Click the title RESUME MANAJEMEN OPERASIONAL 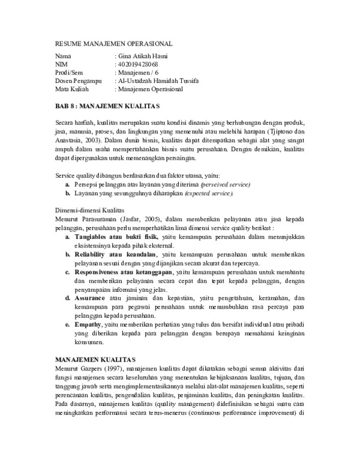click(x=113, y=44)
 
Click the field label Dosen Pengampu click(x=78, y=80)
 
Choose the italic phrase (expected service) click(x=209, y=194)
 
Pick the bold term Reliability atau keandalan click(x=113, y=255)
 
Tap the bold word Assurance click(x=90, y=298)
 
